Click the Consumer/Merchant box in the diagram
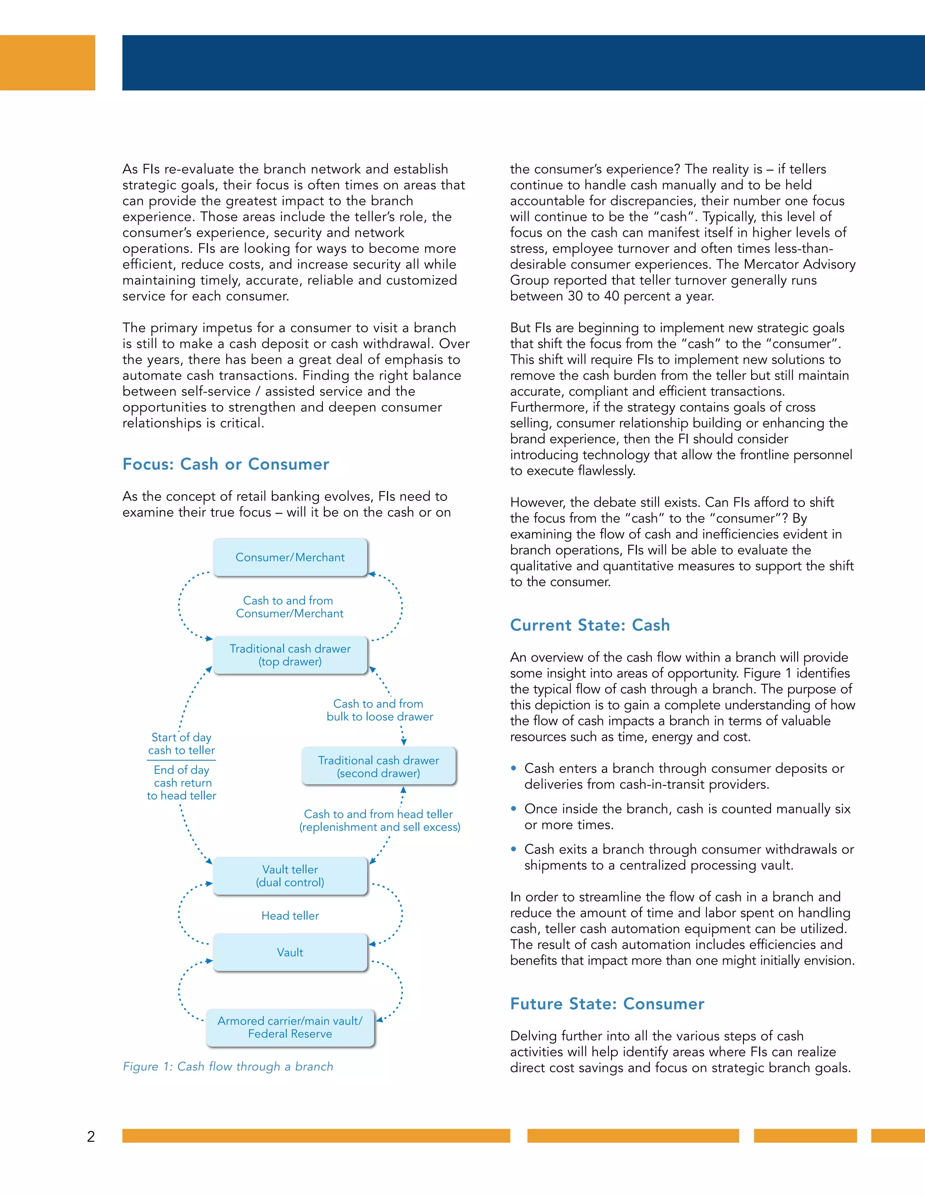pos(290,557)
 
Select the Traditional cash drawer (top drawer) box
pos(290,655)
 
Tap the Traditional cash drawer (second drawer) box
pos(378,766)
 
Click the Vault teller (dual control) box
pos(290,876)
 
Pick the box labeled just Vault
pos(290,953)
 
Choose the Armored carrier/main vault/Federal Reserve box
pos(290,1028)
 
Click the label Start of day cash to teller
pos(182,744)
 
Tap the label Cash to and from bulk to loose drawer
pos(379,711)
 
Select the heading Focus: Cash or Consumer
pos(226,464)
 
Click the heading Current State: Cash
pos(589,625)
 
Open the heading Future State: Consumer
pos(607,1004)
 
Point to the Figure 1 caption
pos(228,1066)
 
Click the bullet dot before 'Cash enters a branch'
pos(514,768)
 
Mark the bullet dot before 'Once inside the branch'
pos(514,809)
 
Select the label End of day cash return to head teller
pos(182,783)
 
